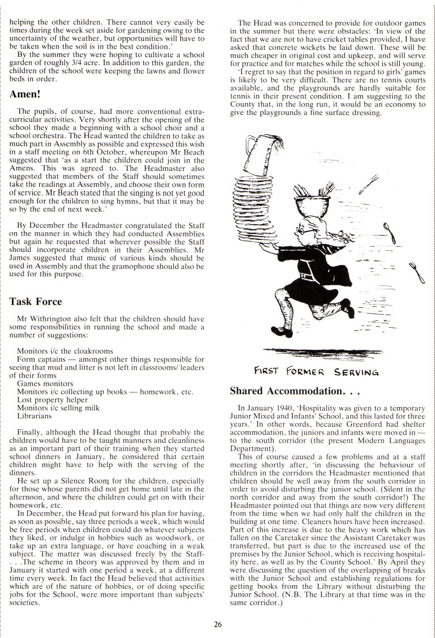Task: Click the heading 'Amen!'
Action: (x=27, y=94)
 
